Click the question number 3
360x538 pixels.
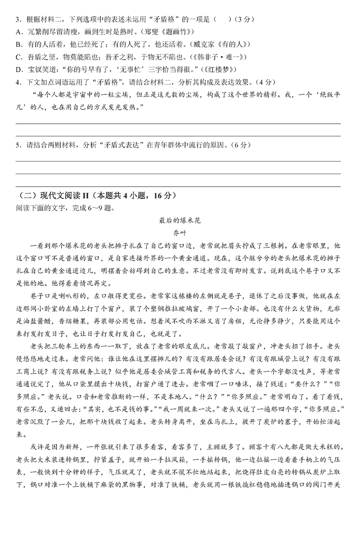click(x=17, y=19)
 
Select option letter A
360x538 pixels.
click(x=18, y=32)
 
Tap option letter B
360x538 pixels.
click(x=18, y=45)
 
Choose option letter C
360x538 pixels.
click(x=18, y=57)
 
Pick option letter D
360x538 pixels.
click(x=18, y=70)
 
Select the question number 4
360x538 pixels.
click(x=17, y=82)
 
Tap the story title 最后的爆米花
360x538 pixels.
click(x=179, y=220)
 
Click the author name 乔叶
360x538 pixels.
click(x=179, y=233)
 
